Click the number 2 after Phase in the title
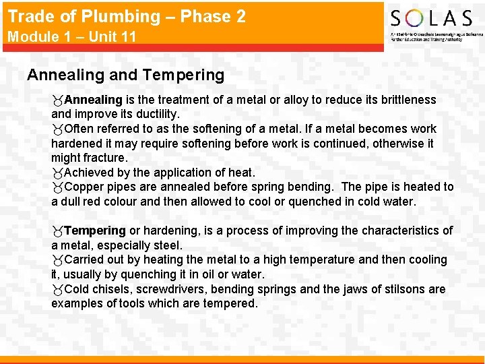click(x=240, y=16)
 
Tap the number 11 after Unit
click(x=128, y=37)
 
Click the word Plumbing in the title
click(x=126, y=16)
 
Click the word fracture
click(x=103, y=158)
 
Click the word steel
click(x=168, y=245)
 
